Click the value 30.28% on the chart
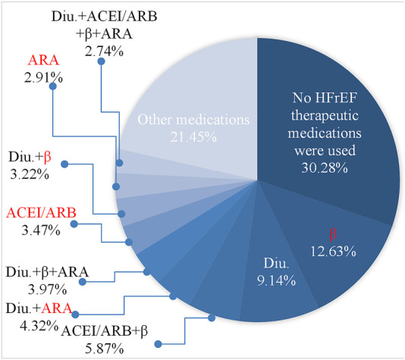[325, 168]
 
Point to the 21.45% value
[193, 137]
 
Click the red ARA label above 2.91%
[43, 60]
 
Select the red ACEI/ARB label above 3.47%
[41, 213]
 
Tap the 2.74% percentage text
[104, 52]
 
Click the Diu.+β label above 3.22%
[30, 157]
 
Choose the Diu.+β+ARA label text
[47, 272]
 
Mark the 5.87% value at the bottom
[105, 349]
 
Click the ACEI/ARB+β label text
[105, 331]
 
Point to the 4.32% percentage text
[39, 326]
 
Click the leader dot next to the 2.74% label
[102, 61]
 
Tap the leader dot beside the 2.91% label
[53, 86]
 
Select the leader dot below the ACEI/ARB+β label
[158, 344]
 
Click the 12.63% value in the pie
[333, 251]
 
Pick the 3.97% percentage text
[47, 290]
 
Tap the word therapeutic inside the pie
[325, 115]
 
